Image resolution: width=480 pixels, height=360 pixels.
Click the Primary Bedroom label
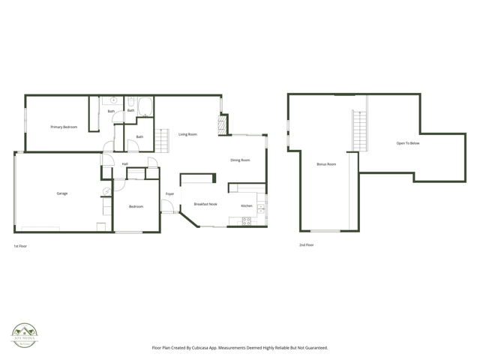[x=64, y=127]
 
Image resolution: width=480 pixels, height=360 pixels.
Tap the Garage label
[x=62, y=193]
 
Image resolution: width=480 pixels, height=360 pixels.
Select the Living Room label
[x=187, y=134]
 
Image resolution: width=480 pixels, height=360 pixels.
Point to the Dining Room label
[x=240, y=160]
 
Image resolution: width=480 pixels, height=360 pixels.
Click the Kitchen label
[x=246, y=205]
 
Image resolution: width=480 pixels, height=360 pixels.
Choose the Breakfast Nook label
[x=205, y=204]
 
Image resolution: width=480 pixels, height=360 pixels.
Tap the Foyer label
[x=170, y=194]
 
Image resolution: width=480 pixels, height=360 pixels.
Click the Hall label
[x=125, y=163]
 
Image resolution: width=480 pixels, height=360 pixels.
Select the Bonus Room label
[x=326, y=164]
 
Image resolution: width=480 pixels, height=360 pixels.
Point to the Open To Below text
[x=408, y=143]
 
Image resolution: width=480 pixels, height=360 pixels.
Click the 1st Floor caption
[x=20, y=245]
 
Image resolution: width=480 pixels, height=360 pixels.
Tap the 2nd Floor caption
[x=306, y=244]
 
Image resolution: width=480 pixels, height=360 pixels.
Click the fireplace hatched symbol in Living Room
[x=222, y=124]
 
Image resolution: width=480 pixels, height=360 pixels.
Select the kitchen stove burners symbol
[x=246, y=220]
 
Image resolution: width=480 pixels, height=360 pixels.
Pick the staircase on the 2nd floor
[x=360, y=128]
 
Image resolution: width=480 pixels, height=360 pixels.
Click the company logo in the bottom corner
[x=24, y=334]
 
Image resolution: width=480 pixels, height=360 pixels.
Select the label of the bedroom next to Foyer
[x=136, y=206]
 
